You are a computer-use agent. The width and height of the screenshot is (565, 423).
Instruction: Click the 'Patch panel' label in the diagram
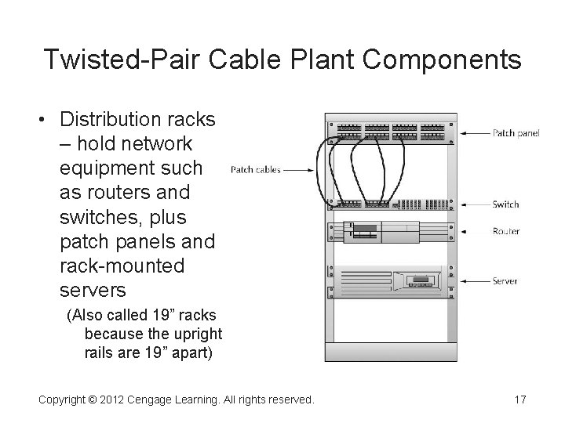[516, 133]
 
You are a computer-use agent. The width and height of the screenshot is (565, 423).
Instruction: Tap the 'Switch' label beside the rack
[505, 204]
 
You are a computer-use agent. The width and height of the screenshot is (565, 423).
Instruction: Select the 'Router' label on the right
[506, 231]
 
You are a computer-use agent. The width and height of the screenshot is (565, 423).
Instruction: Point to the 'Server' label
[505, 280]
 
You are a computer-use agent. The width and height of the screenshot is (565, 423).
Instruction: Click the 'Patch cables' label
[256, 169]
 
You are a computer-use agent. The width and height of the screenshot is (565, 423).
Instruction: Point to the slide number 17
[519, 400]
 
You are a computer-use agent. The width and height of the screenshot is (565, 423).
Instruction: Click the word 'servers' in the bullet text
[93, 290]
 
